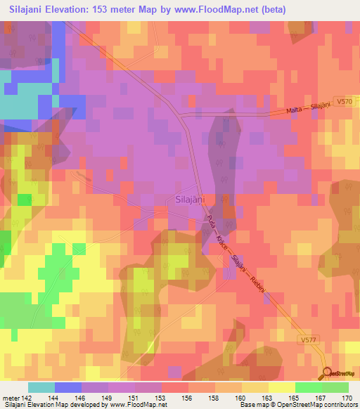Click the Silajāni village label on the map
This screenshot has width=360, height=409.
point(188,200)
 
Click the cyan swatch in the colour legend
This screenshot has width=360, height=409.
point(41,387)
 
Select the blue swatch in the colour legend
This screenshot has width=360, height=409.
point(68,387)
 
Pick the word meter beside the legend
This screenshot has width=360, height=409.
point(11,398)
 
